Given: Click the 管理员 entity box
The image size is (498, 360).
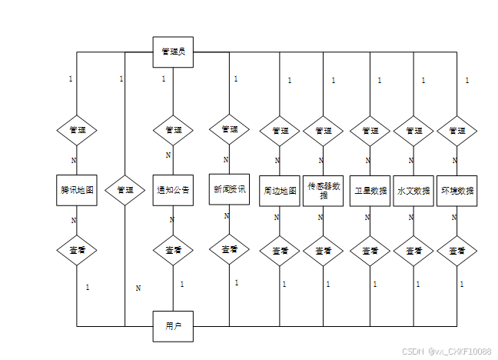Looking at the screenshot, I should tap(173, 52).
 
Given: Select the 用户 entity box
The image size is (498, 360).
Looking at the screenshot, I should tap(173, 326).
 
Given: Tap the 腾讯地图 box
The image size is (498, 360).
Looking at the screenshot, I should tap(77, 189).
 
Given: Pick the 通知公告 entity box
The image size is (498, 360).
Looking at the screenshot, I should tap(173, 189).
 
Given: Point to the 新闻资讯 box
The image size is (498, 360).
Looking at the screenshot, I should tap(229, 188).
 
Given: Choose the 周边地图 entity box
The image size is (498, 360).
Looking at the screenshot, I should tap(280, 190).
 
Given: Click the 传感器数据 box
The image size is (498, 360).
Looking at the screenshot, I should tap(324, 190).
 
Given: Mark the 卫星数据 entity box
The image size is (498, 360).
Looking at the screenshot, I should tap(369, 190).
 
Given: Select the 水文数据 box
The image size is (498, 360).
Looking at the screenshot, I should tap(413, 190).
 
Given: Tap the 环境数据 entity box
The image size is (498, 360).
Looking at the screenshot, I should tap(457, 190).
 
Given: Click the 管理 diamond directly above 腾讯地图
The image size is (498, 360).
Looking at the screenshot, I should tap(77, 130).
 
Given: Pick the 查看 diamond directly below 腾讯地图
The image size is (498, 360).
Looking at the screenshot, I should tap(77, 250).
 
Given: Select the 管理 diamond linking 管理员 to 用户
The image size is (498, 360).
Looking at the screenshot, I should tap(125, 189).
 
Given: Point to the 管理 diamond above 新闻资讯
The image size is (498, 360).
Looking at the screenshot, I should tap(229, 129).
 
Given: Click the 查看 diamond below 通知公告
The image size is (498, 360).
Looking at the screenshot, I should tap(173, 250).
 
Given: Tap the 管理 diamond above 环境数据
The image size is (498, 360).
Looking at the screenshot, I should tap(457, 130).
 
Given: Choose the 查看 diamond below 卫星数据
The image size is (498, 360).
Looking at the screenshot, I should tap(370, 251).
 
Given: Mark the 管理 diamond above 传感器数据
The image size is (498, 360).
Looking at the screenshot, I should tap(324, 130).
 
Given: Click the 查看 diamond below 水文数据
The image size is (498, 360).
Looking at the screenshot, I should tap(413, 251).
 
